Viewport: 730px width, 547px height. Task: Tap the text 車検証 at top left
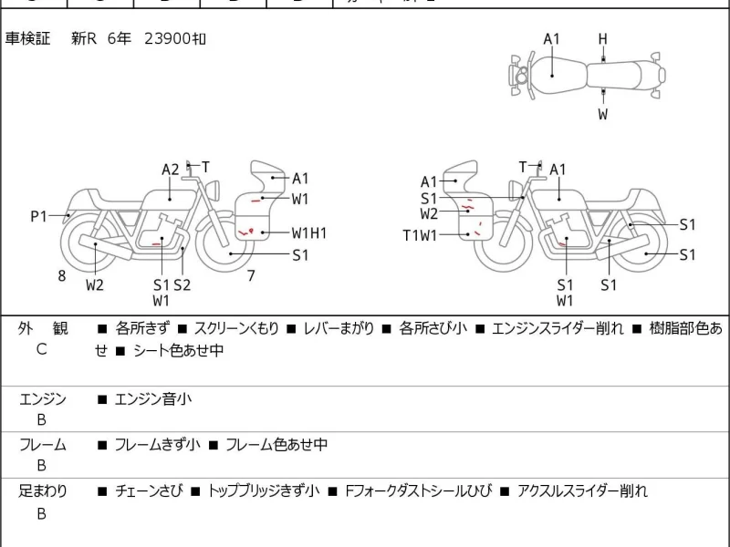pos(27,39)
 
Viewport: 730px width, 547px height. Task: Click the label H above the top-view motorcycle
pos(602,38)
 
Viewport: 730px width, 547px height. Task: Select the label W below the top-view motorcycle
pos(602,114)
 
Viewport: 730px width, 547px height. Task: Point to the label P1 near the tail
pos(38,216)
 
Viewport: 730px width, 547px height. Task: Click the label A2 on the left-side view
pos(171,170)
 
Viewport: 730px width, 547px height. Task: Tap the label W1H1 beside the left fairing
pos(309,233)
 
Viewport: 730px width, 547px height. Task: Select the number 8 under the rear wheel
pos(62,275)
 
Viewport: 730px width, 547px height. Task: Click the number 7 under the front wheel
pos(251,275)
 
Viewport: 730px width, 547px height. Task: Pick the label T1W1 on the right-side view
pos(422,234)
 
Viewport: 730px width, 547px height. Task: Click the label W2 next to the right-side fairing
pos(429,214)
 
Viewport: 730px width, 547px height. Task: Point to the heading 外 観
pos(42,329)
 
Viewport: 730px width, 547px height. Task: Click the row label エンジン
pos(42,398)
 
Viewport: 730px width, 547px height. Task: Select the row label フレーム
pos(42,445)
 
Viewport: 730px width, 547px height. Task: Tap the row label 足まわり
pos(42,491)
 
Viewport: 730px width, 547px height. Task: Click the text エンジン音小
pos(152,398)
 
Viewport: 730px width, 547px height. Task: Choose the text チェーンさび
pos(149,491)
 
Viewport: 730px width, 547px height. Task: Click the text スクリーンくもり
pos(236,329)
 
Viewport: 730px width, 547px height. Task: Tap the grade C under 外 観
pos(42,350)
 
